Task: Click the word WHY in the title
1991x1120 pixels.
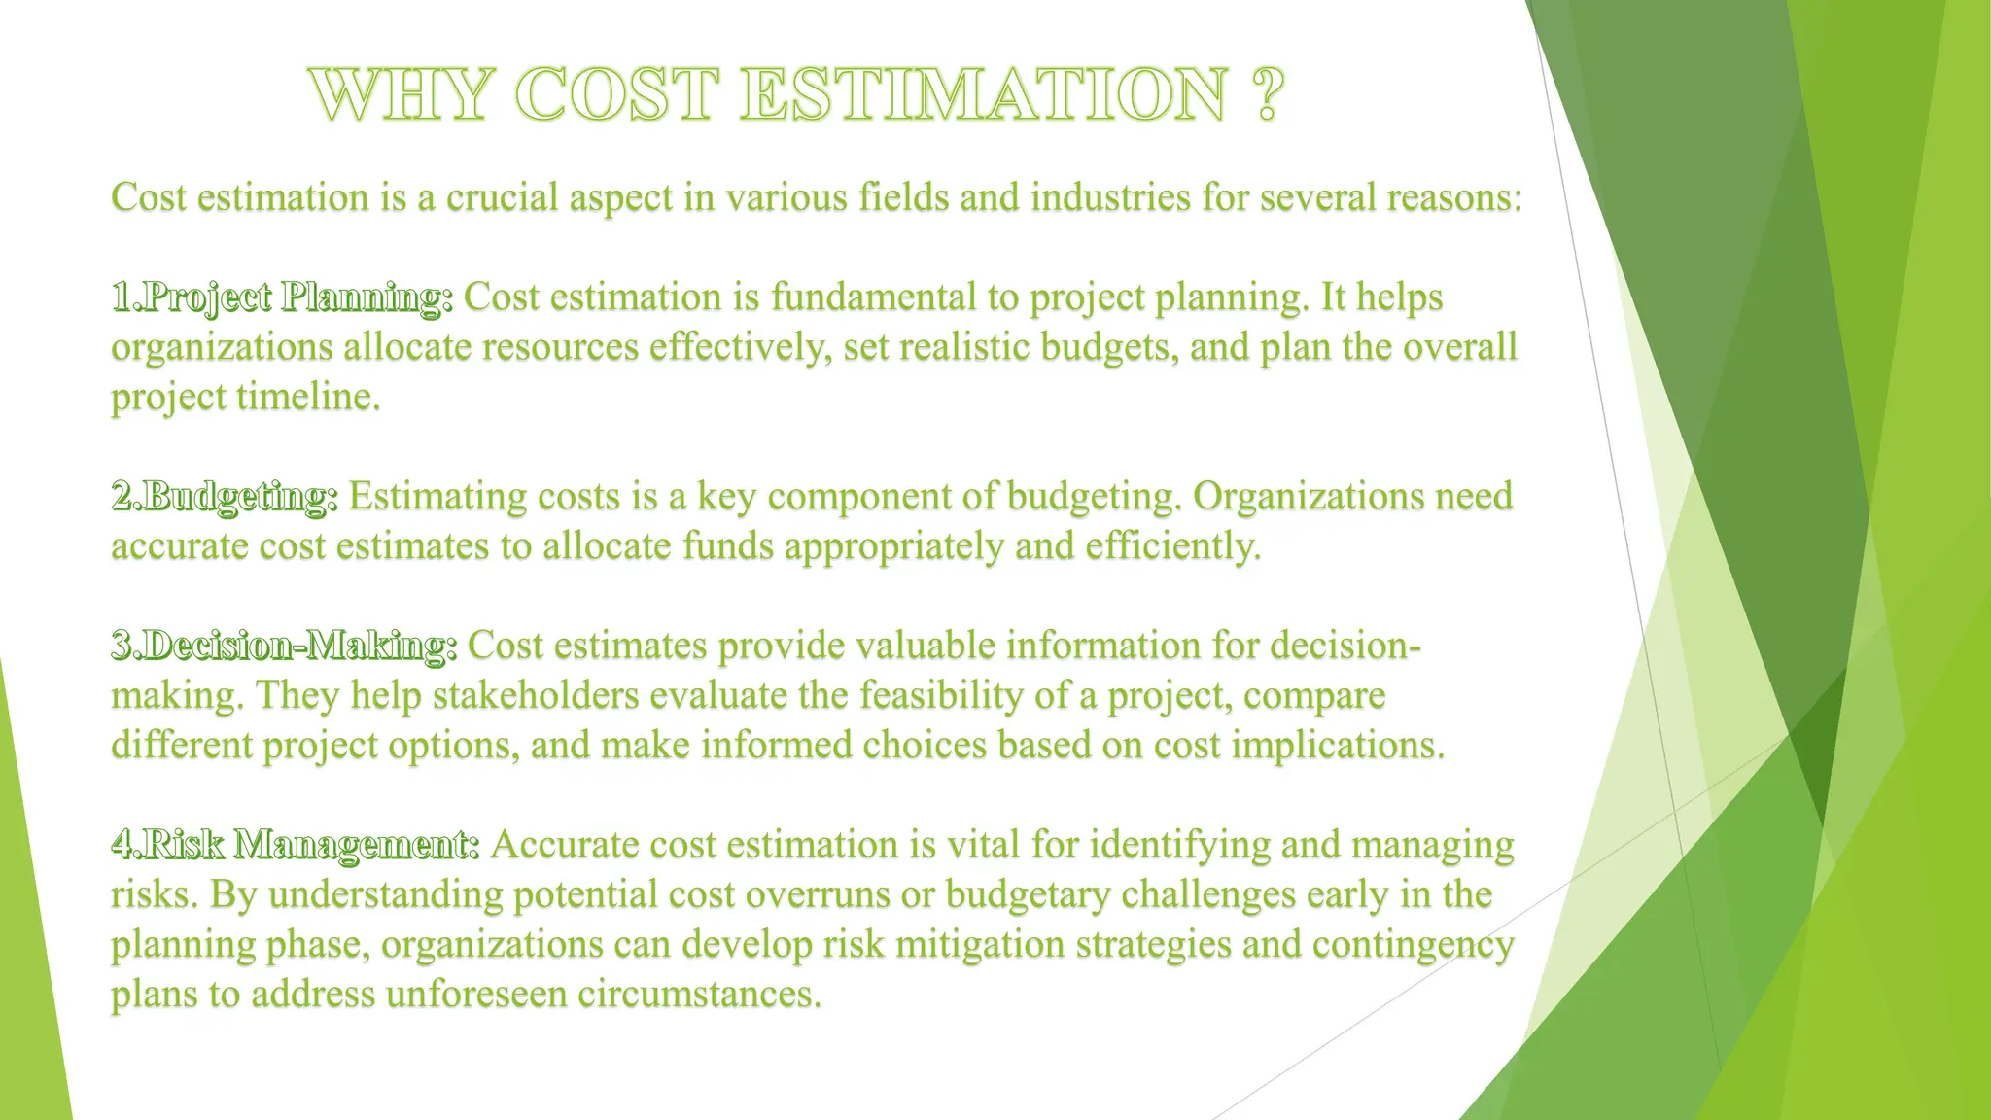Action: (x=401, y=95)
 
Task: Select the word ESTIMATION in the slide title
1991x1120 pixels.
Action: (x=982, y=95)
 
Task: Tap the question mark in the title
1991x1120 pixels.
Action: (x=1266, y=95)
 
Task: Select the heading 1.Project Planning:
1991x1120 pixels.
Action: (x=282, y=297)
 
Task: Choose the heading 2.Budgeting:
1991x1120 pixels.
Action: (x=225, y=497)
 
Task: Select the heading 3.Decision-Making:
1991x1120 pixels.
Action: (x=284, y=646)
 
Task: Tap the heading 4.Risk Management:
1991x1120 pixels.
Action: (x=296, y=845)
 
